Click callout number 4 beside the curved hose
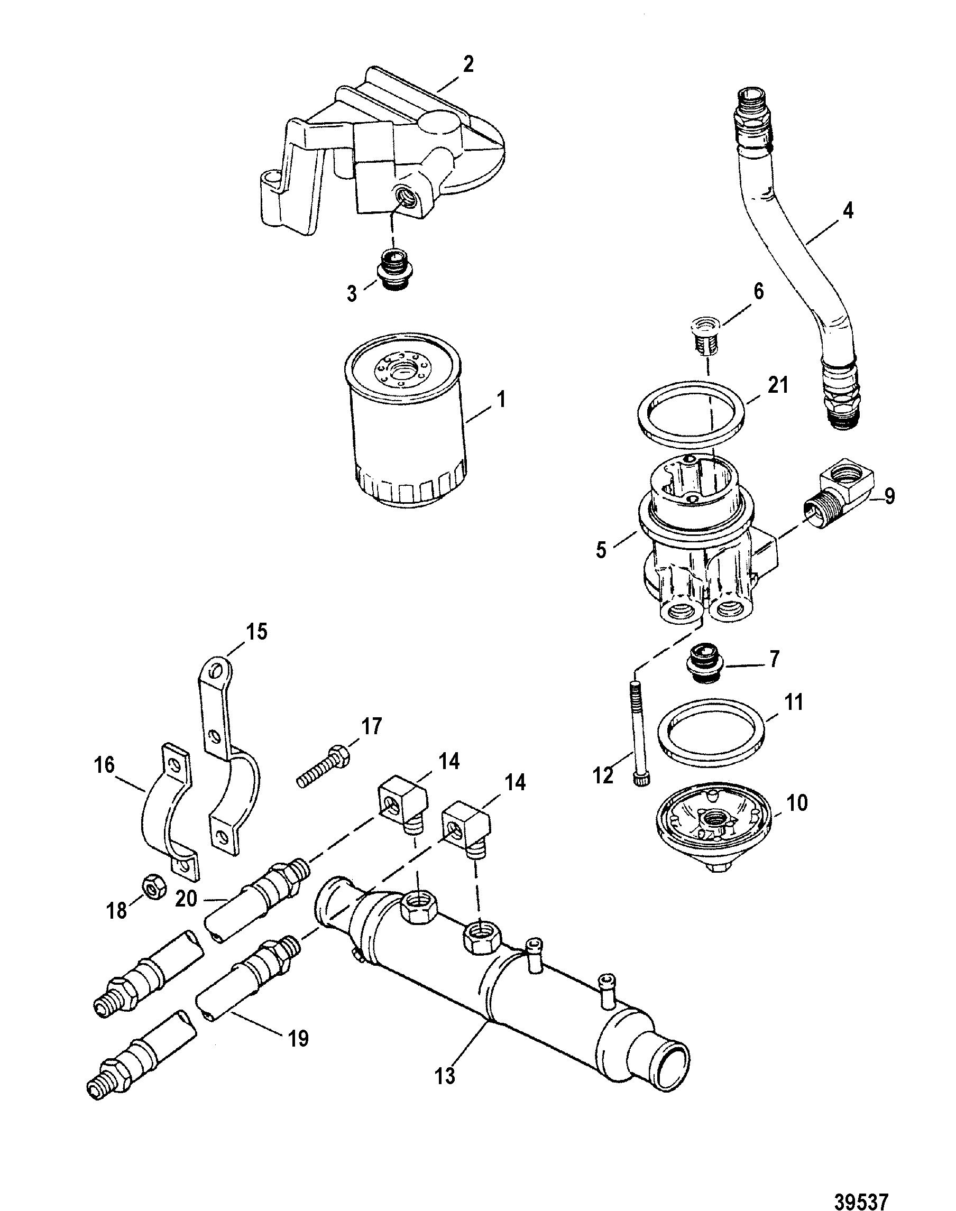pos(849,211)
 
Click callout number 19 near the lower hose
pos(298,1038)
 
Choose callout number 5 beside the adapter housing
pos(601,550)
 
